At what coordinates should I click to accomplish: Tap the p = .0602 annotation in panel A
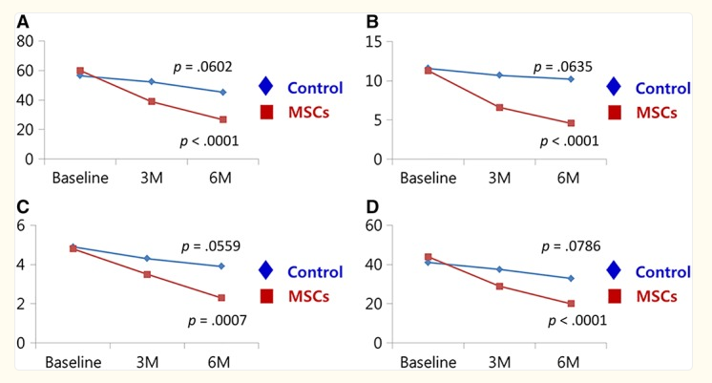[x=202, y=67]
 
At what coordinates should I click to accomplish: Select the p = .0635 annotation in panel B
[x=564, y=67]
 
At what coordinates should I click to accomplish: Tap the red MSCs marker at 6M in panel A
[x=222, y=119]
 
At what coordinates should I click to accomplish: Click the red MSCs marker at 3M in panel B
[x=498, y=107]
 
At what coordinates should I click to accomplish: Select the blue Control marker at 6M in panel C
[x=221, y=266]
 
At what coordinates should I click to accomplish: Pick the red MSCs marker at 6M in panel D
[x=571, y=304]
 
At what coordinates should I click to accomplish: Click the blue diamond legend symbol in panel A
[x=266, y=88]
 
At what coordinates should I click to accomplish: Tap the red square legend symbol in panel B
[x=616, y=112]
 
